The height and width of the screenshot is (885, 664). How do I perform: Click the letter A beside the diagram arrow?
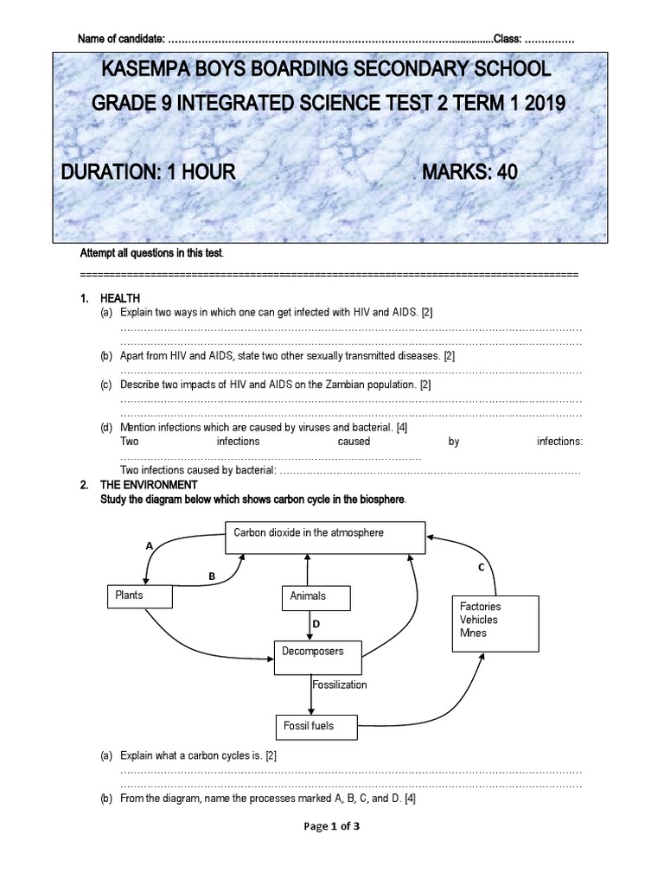click(x=149, y=546)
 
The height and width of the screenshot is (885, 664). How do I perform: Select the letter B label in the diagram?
click(x=211, y=575)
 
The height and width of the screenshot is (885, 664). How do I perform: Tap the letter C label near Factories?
click(x=481, y=567)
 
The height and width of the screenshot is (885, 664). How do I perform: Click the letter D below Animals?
click(x=316, y=623)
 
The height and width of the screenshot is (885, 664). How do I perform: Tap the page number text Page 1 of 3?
click(x=331, y=826)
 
